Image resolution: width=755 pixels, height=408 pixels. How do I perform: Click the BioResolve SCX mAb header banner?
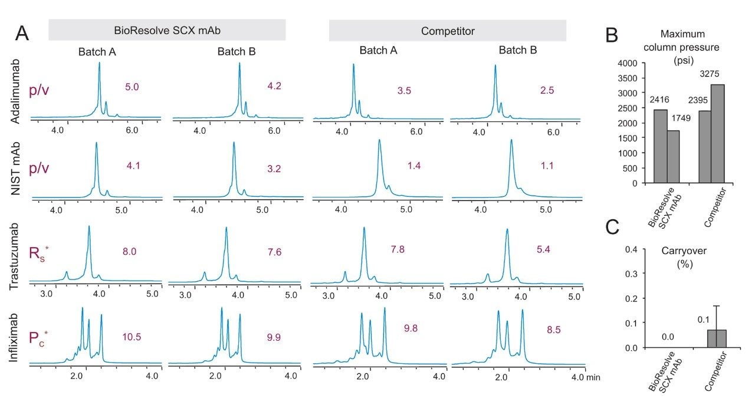point(167,30)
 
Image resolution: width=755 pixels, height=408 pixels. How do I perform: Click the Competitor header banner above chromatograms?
point(447,30)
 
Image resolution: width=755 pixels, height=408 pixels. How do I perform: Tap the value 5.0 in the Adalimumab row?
point(131,87)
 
